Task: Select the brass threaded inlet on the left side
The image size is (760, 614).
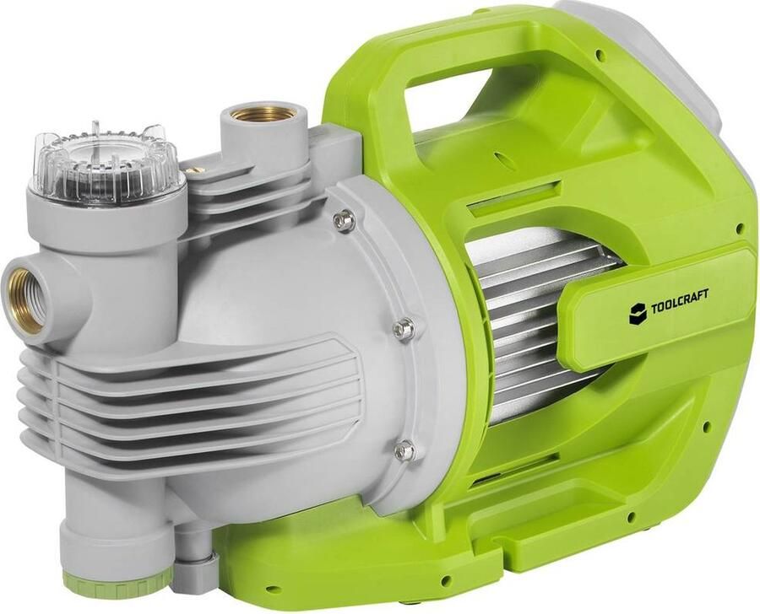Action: [x=24, y=299]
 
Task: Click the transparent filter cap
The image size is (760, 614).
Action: [x=106, y=159]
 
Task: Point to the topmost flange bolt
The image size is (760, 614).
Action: [x=344, y=220]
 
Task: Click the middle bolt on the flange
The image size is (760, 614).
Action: [x=403, y=329]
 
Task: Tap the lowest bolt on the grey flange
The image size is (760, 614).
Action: [x=404, y=450]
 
